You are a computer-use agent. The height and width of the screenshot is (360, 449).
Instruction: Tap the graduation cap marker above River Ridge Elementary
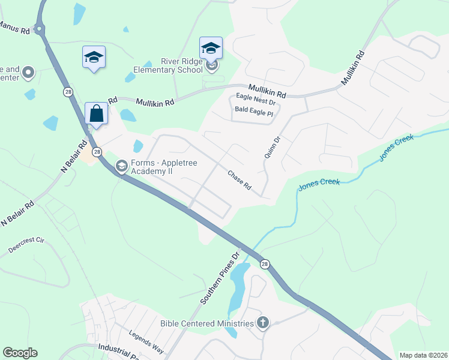click(x=211, y=47)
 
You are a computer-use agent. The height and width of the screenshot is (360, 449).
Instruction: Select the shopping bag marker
click(x=96, y=113)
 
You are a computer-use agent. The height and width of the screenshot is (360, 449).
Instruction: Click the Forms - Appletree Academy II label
click(x=164, y=167)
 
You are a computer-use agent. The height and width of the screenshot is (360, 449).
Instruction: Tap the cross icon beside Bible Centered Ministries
click(x=262, y=323)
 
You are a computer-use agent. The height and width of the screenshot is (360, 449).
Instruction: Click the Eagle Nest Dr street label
click(x=255, y=103)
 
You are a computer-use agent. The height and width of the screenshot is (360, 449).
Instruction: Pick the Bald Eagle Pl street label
click(x=254, y=112)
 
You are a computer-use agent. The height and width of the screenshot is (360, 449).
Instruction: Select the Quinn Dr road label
click(x=272, y=148)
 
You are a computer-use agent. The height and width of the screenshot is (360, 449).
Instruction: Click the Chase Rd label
click(x=239, y=180)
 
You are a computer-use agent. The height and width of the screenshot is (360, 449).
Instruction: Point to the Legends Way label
click(x=146, y=340)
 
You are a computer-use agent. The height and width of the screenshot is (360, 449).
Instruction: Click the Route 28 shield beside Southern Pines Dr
click(x=265, y=264)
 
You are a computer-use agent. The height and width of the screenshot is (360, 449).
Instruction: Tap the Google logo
click(x=20, y=353)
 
